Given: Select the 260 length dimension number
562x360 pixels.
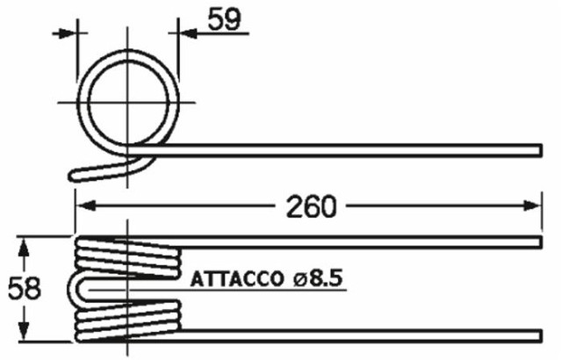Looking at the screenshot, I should (x=310, y=206).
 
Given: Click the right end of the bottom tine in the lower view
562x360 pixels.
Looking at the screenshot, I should (x=537, y=335).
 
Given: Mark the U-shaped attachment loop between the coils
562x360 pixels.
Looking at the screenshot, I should (x=77, y=288).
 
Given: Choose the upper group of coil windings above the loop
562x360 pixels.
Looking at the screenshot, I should (x=128, y=258).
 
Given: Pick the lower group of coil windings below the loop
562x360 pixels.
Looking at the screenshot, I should (x=128, y=318).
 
